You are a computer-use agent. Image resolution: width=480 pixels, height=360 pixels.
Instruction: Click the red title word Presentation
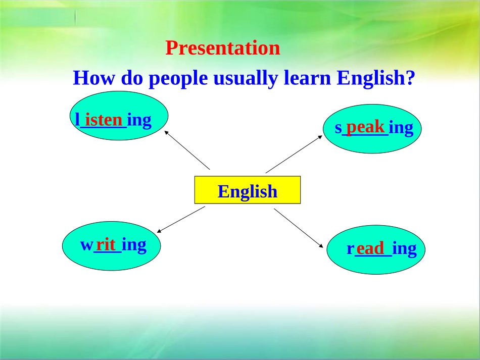[x=222, y=48]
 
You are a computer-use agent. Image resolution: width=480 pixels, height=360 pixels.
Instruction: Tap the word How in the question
[x=93, y=77]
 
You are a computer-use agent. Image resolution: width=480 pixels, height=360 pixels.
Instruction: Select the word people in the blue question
[x=178, y=79]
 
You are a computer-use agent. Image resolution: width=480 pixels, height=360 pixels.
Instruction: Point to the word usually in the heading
[x=246, y=79]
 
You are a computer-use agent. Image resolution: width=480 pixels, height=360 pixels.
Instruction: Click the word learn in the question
[x=307, y=77]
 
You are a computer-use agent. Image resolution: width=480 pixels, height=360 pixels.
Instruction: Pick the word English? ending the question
[x=376, y=79]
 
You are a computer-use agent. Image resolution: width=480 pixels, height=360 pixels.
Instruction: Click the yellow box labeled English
[x=248, y=190]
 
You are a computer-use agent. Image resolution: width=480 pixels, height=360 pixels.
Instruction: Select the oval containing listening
[x=119, y=116]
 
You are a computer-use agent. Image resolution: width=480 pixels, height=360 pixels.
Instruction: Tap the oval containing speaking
[x=372, y=129]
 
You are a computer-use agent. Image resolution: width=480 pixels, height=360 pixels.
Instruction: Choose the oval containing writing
[x=112, y=246]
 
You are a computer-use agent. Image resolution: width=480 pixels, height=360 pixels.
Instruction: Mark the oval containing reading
[x=376, y=249]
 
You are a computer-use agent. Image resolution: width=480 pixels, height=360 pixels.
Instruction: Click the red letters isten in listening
[x=104, y=120]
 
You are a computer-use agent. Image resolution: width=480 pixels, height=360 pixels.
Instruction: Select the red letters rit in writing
[x=106, y=245]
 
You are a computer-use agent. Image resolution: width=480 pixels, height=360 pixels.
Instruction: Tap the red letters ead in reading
[x=370, y=248]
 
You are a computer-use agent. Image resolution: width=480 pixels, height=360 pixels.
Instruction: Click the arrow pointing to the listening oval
[x=187, y=150]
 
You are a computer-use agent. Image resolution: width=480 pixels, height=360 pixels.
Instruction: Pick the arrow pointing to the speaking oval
[x=294, y=154]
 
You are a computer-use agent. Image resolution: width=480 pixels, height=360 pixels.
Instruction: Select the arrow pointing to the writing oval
[x=181, y=220]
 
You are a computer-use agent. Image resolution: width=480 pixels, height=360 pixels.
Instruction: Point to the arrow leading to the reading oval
[x=299, y=228]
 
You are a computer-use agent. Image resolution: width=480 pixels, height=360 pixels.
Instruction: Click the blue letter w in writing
[x=86, y=245]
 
